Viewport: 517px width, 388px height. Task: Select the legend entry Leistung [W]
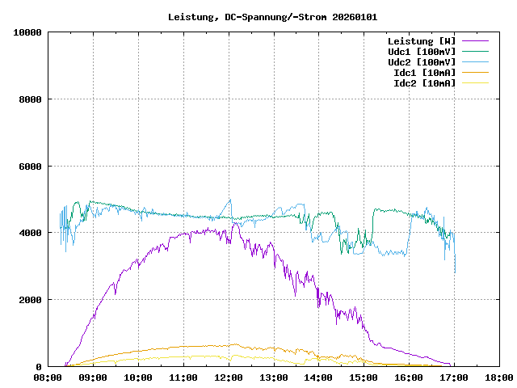click(422, 41)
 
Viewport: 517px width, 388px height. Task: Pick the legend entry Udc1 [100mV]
click(422, 52)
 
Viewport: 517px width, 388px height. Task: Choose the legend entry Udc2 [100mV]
click(422, 62)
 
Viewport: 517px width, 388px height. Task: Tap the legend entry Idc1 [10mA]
click(424, 73)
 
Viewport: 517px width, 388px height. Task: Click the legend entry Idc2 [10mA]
click(424, 83)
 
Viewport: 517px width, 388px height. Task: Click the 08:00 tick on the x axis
click(48, 377)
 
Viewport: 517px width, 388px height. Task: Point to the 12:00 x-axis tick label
click(229, 377)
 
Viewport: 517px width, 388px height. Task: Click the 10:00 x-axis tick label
click(138, 377)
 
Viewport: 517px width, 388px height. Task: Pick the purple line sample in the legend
click(476, 41)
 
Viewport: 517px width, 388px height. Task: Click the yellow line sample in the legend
click(476, 83)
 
